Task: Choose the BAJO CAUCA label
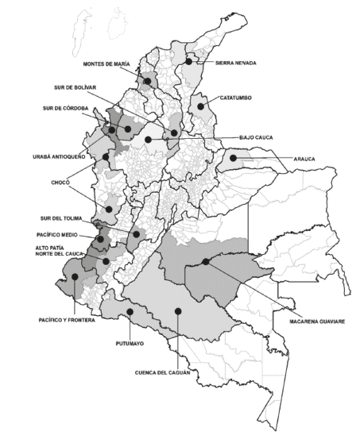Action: tap(255, 137)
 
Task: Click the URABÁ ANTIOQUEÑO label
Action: tap(56, 156)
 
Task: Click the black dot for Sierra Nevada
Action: tap(189, 60)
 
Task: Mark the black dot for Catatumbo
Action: tap(202, 105)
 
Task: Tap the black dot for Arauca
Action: tap(234, 159)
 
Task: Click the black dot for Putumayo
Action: tap(128, 312)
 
